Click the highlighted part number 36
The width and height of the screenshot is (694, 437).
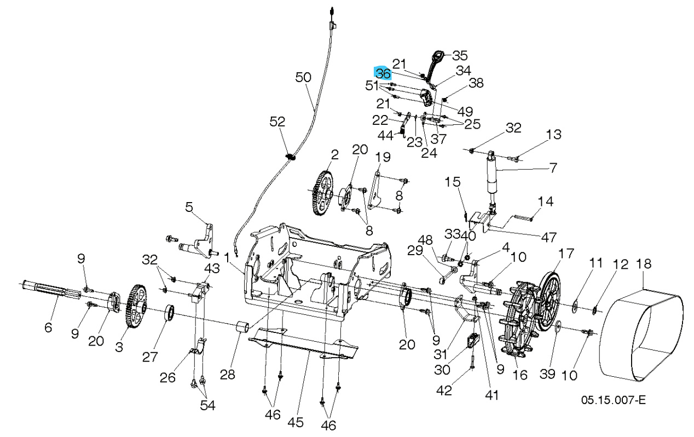pos(383,73)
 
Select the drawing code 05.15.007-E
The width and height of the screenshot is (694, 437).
pos(613,400)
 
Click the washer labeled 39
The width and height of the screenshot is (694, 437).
pos(557,329)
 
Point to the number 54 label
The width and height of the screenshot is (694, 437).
pos(207,405)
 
